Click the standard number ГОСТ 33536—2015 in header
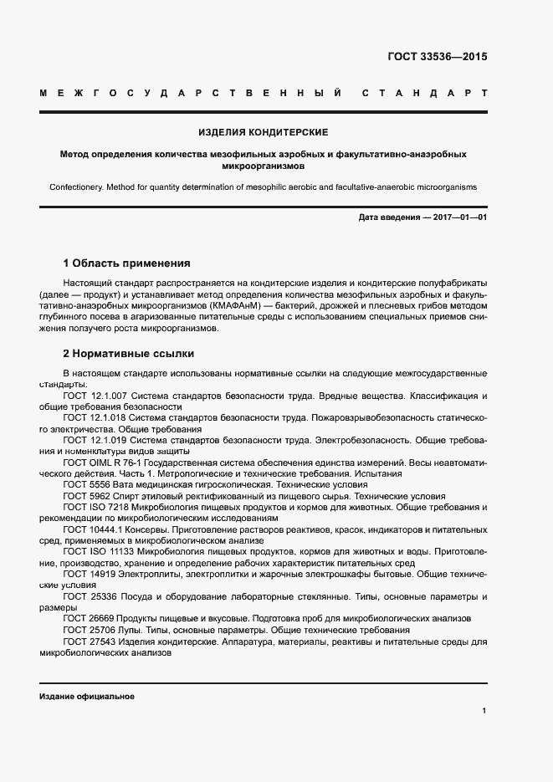(x=437, y=58)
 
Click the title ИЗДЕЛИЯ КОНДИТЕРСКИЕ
(x=263, y=132)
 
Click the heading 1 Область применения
(x=127, y=263)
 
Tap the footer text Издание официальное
(x=86, y=696)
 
